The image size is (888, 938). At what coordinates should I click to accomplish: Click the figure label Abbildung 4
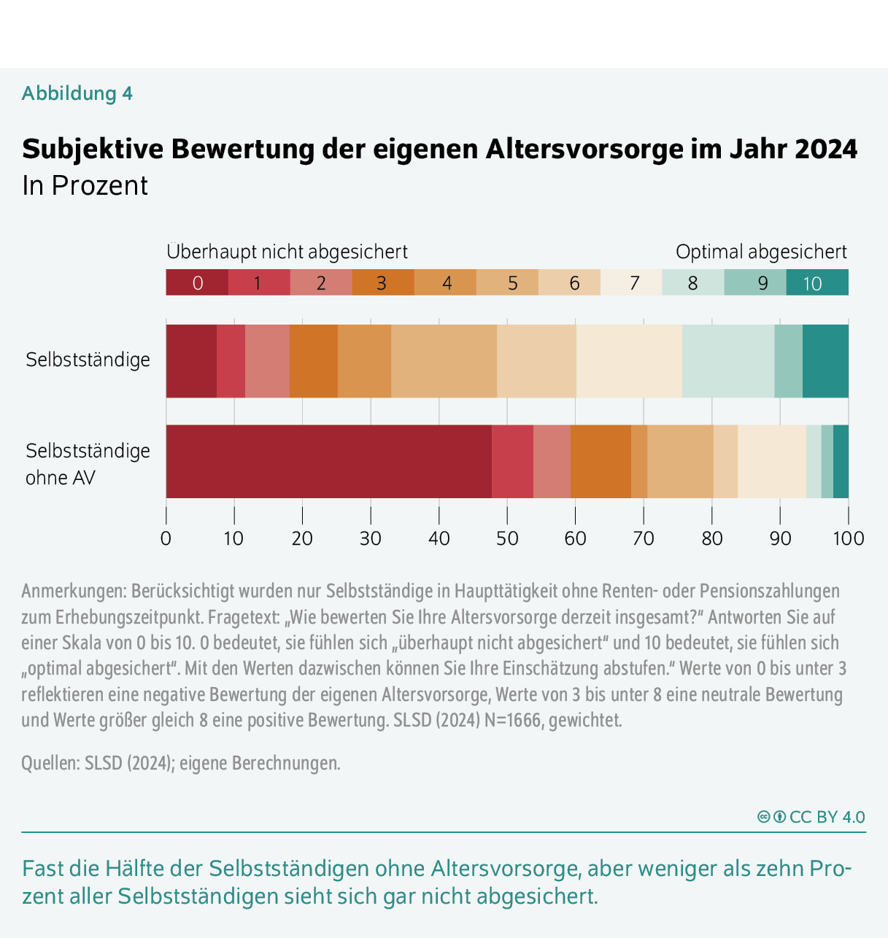click(x=77, y=93)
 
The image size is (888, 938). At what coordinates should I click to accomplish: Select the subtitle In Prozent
click(x=85, y=186)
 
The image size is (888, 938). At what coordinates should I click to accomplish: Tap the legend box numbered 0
click(x=197, y=283)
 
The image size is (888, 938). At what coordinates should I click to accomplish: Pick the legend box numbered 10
click(x=816, y=283)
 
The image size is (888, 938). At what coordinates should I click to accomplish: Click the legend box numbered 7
click(x=631, y=283)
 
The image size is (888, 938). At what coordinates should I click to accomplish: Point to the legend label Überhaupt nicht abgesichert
click(x=287, y=252)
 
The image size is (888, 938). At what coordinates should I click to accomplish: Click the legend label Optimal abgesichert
click(x=761, y=252)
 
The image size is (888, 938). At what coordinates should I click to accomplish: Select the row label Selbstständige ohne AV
click(x=88, y=464)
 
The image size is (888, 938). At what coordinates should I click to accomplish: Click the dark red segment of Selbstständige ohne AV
click(x=328, y=462)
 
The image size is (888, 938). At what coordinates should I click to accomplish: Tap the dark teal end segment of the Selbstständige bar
click(x=825, y=361)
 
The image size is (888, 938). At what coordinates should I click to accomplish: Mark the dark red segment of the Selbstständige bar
click(x=191, y=361)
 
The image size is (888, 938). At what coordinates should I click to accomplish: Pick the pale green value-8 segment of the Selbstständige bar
click(x=727, y=361)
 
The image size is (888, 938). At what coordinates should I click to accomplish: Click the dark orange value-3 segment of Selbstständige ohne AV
click(x=600, y=462)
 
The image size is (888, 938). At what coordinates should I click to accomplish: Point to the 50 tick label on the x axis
click(x=507, y=539)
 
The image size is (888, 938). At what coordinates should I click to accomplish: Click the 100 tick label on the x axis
click(x=848, y=539)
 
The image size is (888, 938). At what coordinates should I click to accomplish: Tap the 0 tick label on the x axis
click(x=166, y=539)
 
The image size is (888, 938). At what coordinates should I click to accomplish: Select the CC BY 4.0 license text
click(x=827, y=817)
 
